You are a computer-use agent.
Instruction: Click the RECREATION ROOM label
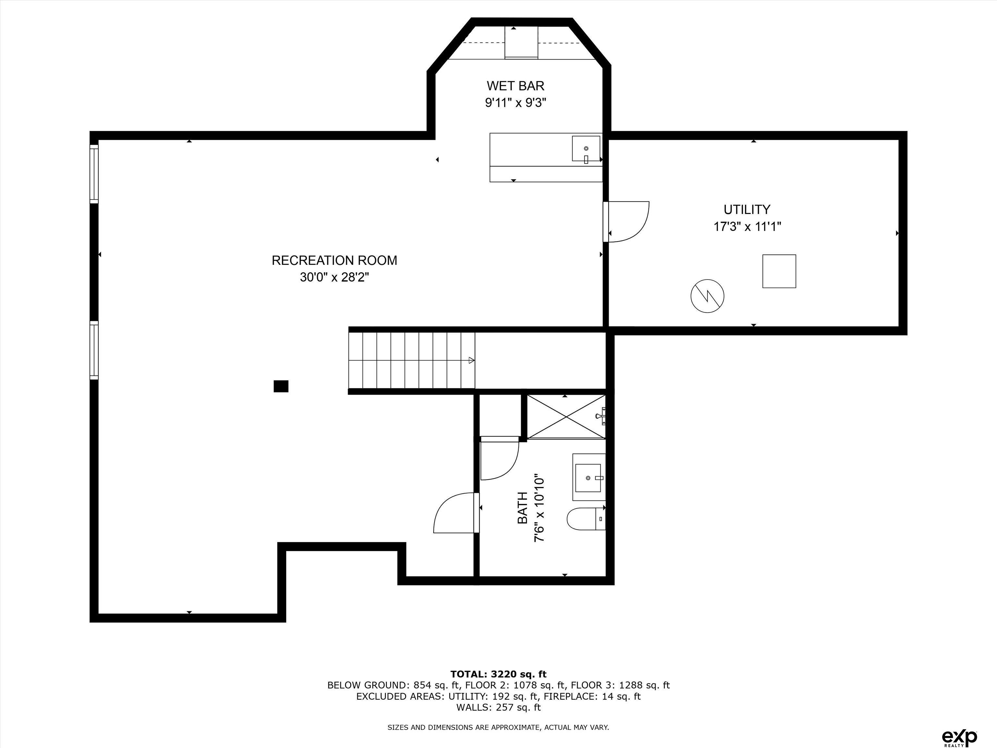pyautogui.click(x=334, y=261)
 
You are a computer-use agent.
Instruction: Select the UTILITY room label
pyautogui.click(x=747, y=210)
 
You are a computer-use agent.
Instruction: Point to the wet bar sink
pyautogui.click(x=586, y=148)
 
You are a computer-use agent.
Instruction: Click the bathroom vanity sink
pyautogui.click(x=588, y=478)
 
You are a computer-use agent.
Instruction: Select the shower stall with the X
pyautogui.click(x=566, y=416)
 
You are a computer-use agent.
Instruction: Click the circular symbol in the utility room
pyautogui.click(x=707, y=296)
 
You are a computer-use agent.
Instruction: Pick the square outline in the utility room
pyautogui.click(x=779, y=271)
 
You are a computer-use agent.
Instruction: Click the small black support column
pyautogui.click(x=281, y=386)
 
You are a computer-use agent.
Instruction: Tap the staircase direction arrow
pyautogui.click(x=471, y=360)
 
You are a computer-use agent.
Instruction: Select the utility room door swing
pyautogui.click(x=629, y=221)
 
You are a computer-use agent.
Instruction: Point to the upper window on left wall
pyautogui.click(x=94, y=174)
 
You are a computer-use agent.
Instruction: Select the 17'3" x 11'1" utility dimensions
pyautogui.click(x=747, y=226)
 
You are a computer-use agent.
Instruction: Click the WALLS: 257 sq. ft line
pyautogui.click(x=498, y=707)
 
